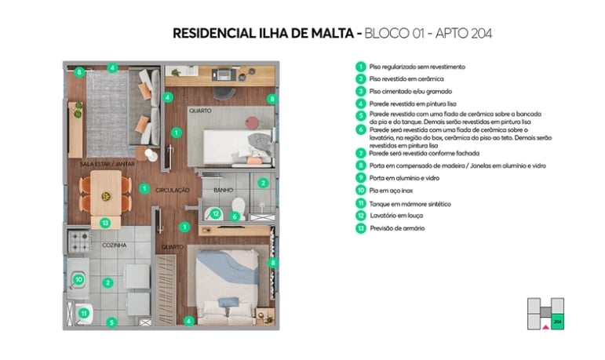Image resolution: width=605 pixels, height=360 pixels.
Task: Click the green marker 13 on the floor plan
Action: coord(105,223)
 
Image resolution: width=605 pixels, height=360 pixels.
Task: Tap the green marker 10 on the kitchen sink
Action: coord(78,278)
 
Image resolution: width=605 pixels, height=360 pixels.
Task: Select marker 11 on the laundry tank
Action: coord(84,313)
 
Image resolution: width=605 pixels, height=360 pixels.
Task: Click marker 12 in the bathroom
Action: coord(216,213)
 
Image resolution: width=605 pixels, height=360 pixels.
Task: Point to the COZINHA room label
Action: coord(114,245)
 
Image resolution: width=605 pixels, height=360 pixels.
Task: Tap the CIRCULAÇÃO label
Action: coord(172,189)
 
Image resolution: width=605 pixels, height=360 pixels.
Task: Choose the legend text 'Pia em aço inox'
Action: coord(392,190)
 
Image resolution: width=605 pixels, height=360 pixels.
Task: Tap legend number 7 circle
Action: coord(360,153)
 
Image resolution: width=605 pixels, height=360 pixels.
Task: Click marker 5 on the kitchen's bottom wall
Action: coord(111,321)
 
